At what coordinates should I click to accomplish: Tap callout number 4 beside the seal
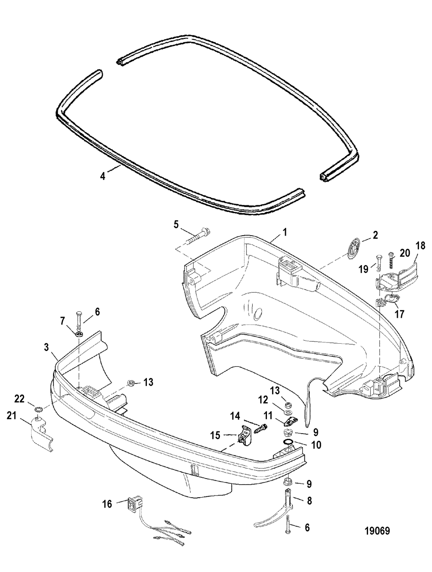[102, 176]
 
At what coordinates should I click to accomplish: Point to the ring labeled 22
[38, 409]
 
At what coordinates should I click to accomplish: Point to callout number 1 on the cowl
[285, 233]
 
